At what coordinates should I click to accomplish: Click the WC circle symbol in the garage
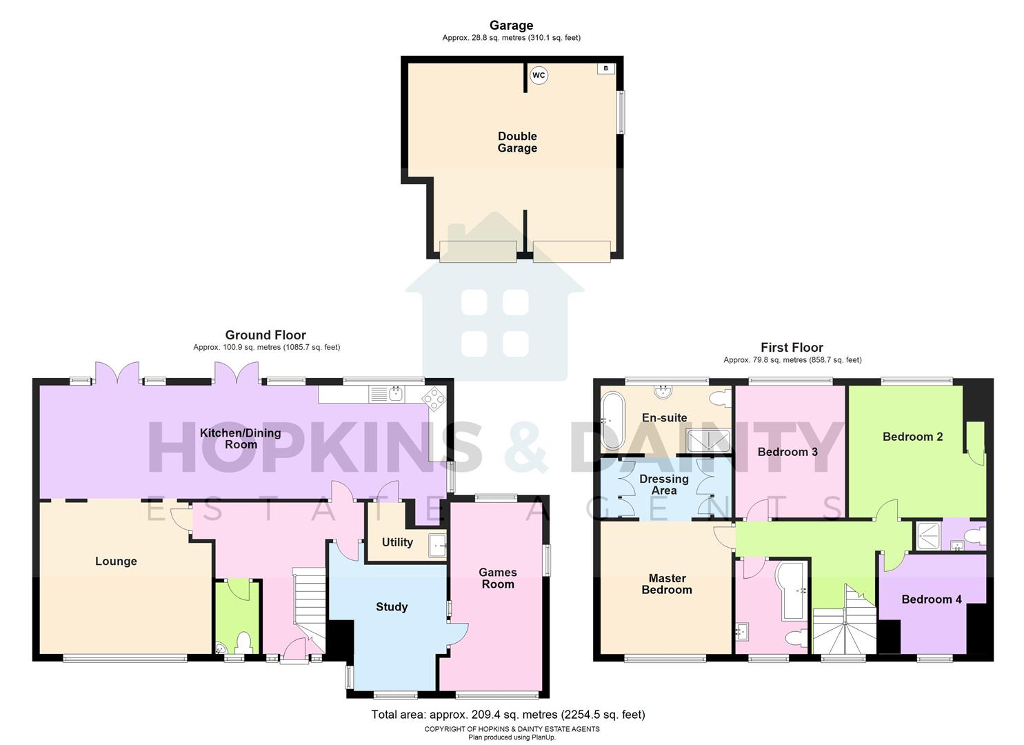click(539, 75)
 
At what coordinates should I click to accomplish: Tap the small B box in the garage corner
click(605, 68)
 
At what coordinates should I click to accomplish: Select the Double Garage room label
click(517, 142)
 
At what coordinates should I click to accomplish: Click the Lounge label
click(116, 562)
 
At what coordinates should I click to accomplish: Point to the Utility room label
click(397, 542)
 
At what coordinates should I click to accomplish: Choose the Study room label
click(392, 607)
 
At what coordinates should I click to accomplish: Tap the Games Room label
click(498, 578)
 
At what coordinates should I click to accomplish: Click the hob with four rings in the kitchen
click(433, 397)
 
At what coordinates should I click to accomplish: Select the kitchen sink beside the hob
click(396, 395)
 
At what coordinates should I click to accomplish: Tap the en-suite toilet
click(719, 399)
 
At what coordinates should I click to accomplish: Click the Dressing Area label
click(664, 484)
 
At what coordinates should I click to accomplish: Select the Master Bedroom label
click(667, 584)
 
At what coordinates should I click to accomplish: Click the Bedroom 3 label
click(787, 452)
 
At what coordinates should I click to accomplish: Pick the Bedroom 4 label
click(932, 599)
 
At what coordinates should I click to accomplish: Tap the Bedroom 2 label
click(912, 437)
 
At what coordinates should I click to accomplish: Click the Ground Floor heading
click(265, 335)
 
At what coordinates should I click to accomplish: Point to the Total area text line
click(508, 715)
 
